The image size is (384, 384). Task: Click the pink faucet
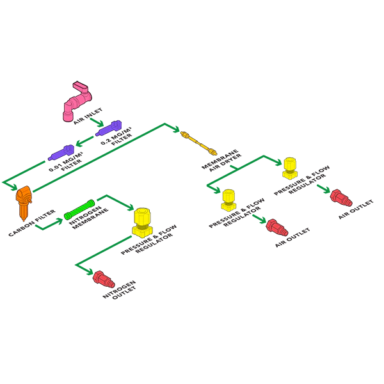click(77, 101)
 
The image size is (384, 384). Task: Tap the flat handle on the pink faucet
click(81, 87)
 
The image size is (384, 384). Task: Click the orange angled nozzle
click(24, 200)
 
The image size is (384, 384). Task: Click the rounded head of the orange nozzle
click(23, 193)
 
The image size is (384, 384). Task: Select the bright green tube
click(79, 209)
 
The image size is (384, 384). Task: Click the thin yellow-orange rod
click(198, 144)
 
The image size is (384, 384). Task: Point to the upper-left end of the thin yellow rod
click(183, 135)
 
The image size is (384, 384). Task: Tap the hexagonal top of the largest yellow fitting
click(142, 214)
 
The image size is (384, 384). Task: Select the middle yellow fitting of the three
click(228, 200)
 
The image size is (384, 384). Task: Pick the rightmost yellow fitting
click(290, 167)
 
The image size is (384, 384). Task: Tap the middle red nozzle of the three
click(276, 227)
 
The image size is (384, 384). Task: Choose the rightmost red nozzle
click(340, 197)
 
